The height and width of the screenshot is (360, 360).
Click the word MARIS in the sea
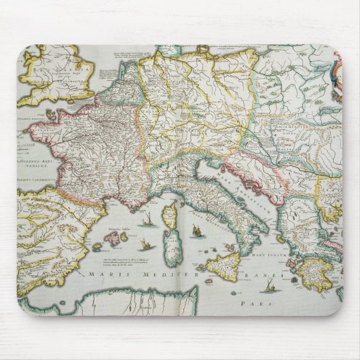click(x=101, y=274)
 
